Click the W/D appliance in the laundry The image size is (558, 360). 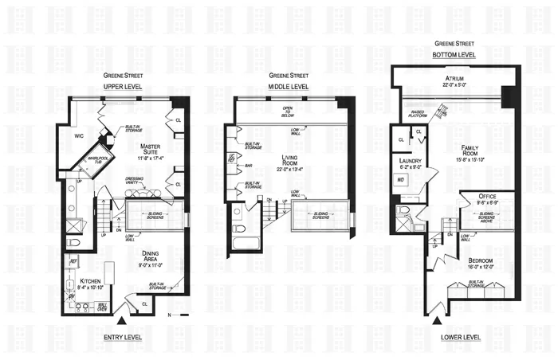coord(401,181)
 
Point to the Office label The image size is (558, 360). coord(488,197)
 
